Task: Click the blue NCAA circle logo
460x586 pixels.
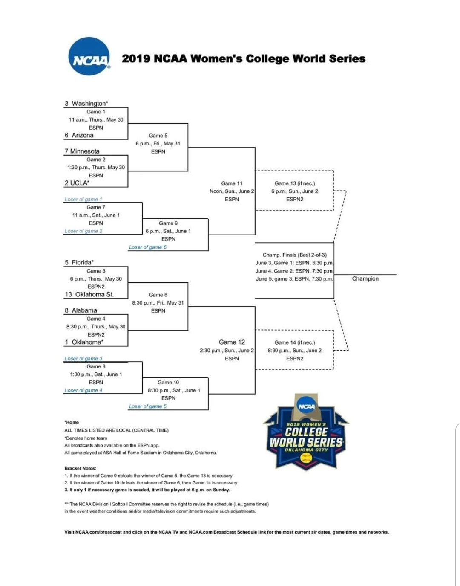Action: coord(89,57)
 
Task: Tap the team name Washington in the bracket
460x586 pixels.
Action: coord(89,103)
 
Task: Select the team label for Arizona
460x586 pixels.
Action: coord(82,135)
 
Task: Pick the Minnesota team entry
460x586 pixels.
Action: coord(84,151)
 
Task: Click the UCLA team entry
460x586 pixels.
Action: coord(79,183)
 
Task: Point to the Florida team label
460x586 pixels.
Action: coord(82,262)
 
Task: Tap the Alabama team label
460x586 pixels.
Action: coord(84,310)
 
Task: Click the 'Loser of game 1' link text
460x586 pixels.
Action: coord(83,199)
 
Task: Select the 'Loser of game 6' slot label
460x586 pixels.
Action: coord(147,247)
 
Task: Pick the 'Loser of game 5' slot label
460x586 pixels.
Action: coord(147,406)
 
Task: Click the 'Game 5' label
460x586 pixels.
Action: coord(158,136)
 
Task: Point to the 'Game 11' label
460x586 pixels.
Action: coord(232,183)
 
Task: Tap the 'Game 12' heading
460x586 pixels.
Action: coord(232,342)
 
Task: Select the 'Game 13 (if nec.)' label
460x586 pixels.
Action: coord(294,183)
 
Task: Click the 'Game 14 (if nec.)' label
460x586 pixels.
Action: coord(294,342)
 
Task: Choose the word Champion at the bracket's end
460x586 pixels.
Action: coord(365,278)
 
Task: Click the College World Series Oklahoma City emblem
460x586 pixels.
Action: coord(306,433)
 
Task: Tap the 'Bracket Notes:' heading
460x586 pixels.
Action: coord(80,468)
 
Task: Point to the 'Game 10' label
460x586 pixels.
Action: coord(168,383)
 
